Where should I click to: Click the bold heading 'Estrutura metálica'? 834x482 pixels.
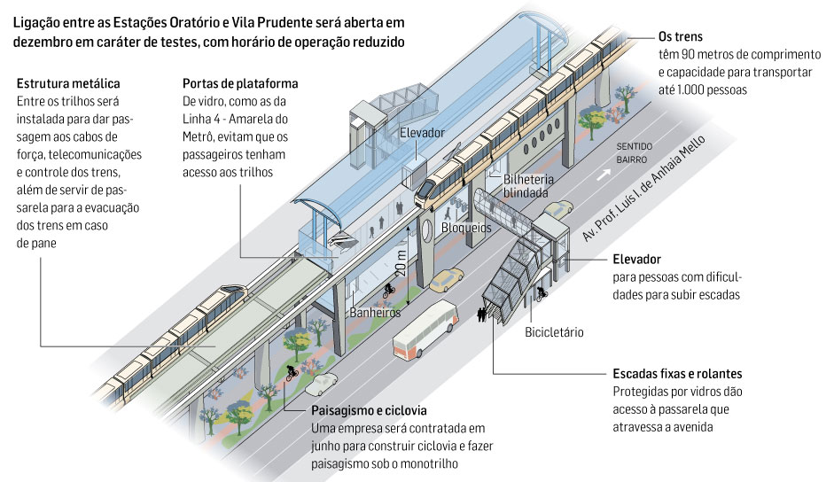pos(72,84)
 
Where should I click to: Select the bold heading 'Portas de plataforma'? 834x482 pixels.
pos(239,84)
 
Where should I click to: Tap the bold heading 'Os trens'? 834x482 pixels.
pos(681,38)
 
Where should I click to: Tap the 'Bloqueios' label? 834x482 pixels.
pos(467,228)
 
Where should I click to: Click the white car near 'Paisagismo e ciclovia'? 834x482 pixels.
pos(321,383)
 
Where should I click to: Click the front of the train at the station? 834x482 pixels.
pos(429,188)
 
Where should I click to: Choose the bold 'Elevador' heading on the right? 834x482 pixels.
pos(636,260)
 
